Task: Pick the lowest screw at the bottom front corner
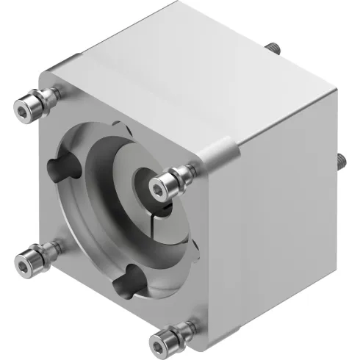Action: tap(161, 340)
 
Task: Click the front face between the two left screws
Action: tap(37, 184)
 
